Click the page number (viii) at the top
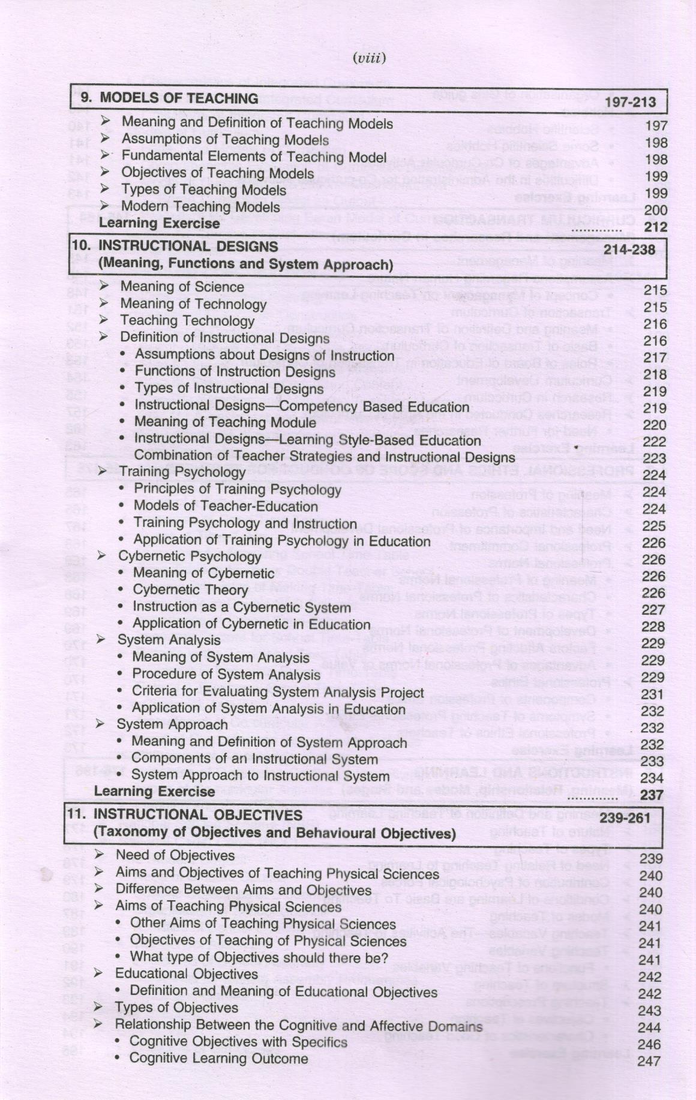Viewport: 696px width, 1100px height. (369, 58)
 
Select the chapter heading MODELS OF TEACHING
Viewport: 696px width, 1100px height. (178, 98)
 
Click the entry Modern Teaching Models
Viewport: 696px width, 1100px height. (200, 207)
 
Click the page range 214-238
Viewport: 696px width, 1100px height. (629, 250)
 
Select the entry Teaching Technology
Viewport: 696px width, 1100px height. (187, 321)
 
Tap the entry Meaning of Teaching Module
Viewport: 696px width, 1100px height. (225, 422)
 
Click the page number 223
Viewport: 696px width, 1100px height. (654, 459)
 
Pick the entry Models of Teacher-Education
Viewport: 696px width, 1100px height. (226, 506)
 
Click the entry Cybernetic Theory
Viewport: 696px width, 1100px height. (190, 590)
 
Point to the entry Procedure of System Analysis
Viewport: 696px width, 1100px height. (226, 675)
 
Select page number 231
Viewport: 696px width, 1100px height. (653, 694)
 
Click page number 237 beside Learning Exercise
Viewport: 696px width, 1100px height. (653, 795)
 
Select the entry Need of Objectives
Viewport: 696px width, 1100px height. (175, 855)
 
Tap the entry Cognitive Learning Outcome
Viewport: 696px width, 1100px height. (219, 1059)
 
